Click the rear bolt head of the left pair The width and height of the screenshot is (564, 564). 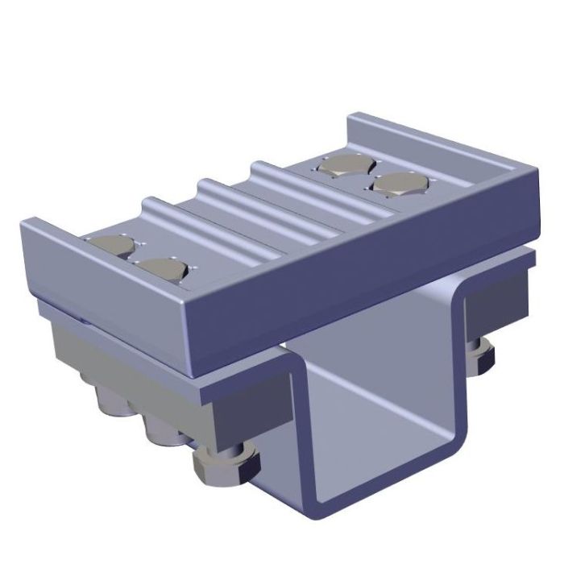pos(112,246)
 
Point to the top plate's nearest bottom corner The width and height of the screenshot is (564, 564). pos(193,371)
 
